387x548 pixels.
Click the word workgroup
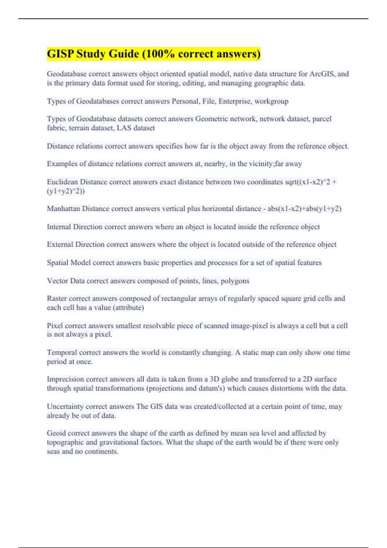pyautogui.click(x=272, y=101)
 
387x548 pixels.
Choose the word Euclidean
pyautogui.click(x=62, y=182)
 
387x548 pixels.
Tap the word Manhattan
pyautogui.click(x=63, y=209)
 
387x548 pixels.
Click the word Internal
pyautogui.click(x=59, y=227)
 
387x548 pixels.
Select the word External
pyautogui.click(x=60, y=244)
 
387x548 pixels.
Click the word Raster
pyautogui.click(x=57, y=298)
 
